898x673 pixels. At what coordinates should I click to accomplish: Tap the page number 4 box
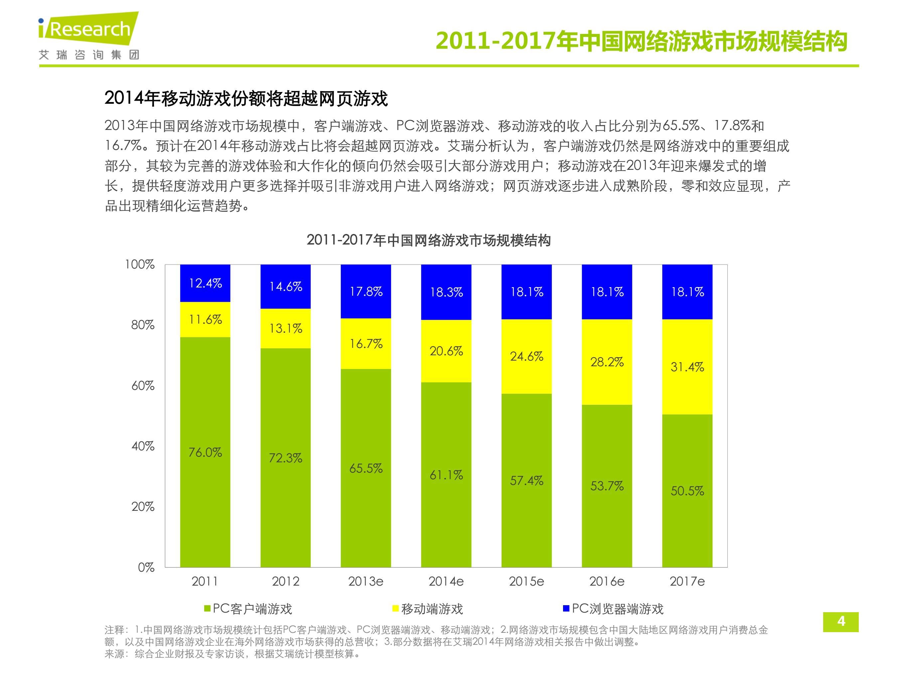841,622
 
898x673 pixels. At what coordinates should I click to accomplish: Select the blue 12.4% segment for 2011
205,283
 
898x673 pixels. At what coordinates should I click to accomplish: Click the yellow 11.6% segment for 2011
205,320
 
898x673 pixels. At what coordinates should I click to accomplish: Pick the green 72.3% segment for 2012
285,458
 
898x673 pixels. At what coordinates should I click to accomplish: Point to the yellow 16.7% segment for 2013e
366,344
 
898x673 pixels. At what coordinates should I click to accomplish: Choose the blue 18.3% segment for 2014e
446,292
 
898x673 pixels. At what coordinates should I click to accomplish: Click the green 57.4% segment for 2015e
526,480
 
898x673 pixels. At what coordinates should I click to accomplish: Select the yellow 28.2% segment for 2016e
607,362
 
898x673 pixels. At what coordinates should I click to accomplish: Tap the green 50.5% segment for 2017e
687,491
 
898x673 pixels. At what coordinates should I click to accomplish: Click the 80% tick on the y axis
143,325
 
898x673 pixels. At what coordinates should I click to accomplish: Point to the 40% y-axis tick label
143,446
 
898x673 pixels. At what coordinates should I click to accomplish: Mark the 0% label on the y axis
146,567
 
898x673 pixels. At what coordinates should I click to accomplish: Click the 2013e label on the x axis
366,581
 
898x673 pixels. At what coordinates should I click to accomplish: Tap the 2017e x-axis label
687,581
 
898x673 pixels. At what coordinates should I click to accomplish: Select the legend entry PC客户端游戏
248,609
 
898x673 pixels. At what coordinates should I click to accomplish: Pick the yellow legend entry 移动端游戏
427,609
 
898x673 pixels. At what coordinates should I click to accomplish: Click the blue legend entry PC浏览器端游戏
613,609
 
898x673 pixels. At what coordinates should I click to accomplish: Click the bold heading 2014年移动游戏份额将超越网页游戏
246,99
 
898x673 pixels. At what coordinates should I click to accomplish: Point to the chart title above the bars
429,240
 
